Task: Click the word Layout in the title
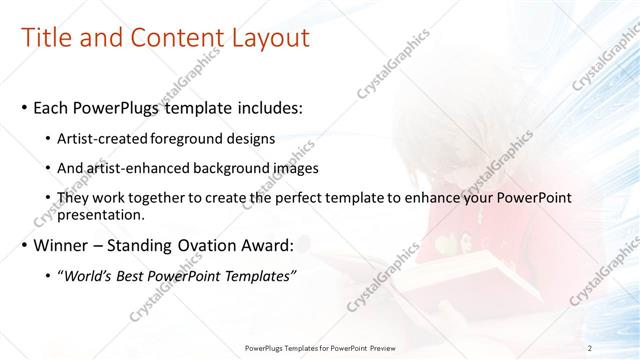pyautogui.click(x=269, y=38)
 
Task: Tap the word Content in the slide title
pyautogui.click(x=174, y=38)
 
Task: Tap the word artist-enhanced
pyautogui.click(x=141, y=168)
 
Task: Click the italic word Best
pyautogui.click(x=140, y=275)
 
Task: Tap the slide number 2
pyautogui.click(x=590, y=348)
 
